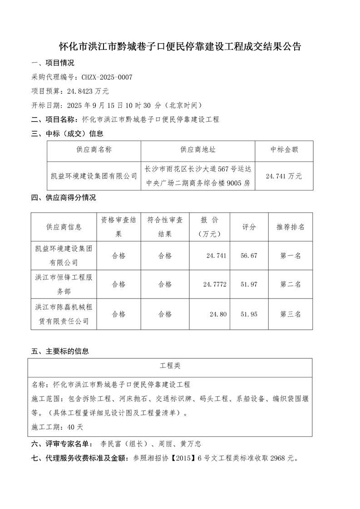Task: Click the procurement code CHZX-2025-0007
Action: (107, 78)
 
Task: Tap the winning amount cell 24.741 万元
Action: (284, 176)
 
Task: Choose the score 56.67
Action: (249, 256)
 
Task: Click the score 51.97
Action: (249, 284)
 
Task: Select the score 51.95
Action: (249, 314)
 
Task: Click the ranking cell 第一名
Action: (291, 256)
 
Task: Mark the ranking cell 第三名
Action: (291, 314)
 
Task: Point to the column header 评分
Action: (249, 227)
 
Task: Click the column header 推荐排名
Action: (291, 227)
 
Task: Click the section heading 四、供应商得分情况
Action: (63, 198)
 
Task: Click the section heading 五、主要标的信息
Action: (59, 351)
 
